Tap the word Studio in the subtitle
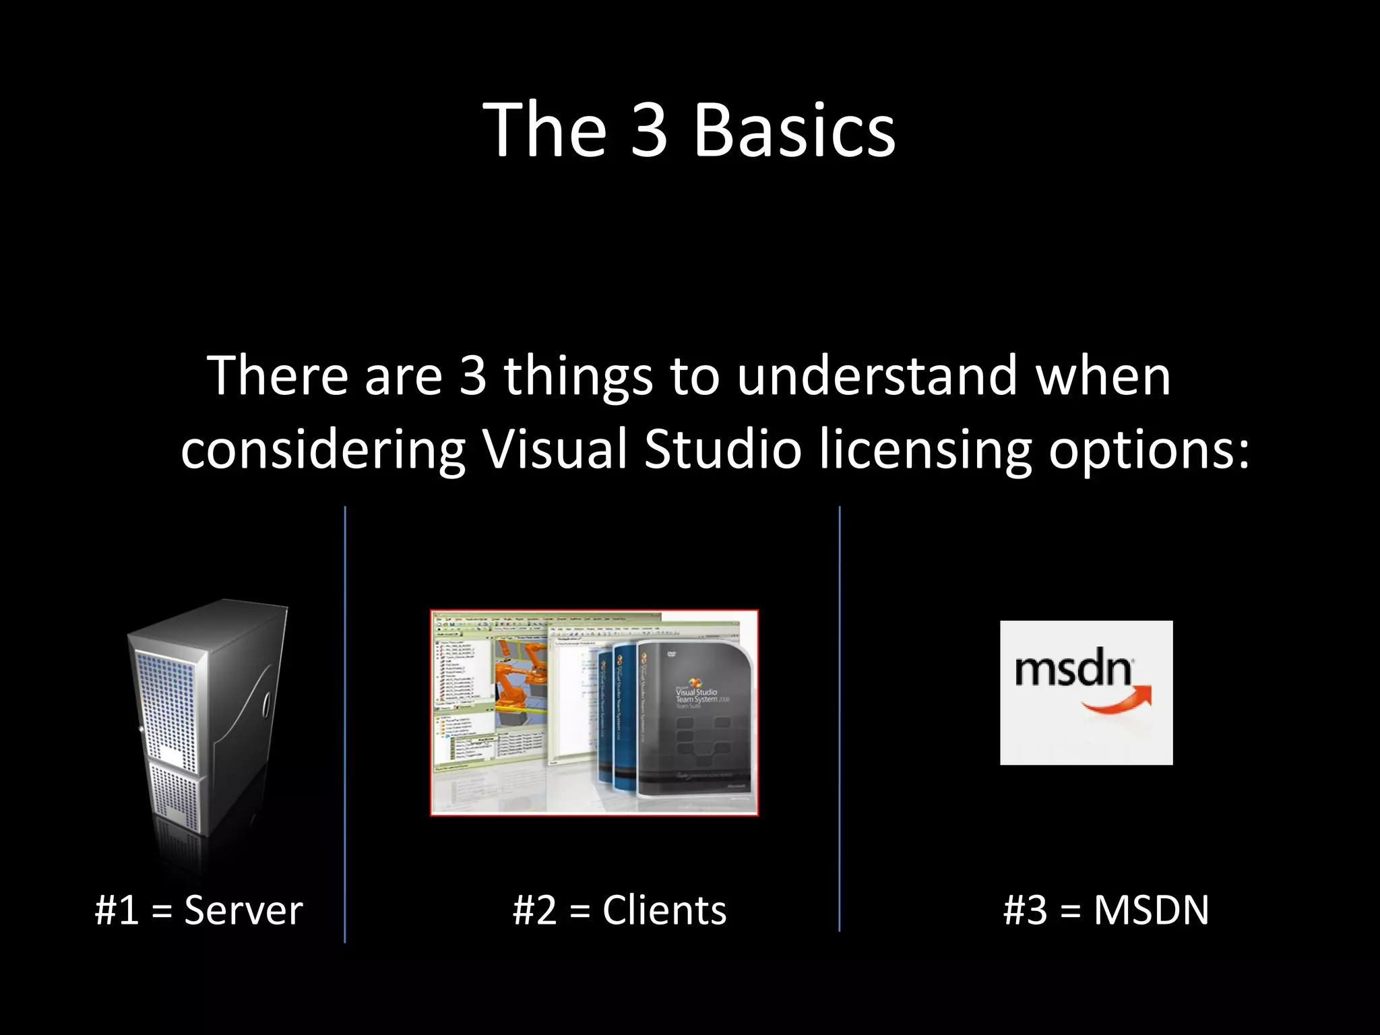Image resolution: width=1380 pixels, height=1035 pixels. (x=722, y=449)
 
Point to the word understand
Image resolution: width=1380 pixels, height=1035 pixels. (x=877, y=375)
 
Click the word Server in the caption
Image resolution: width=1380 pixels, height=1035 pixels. (x=243, y=910)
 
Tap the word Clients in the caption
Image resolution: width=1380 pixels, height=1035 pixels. (x=664, y=910)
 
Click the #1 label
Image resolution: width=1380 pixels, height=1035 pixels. (x=117, y=910)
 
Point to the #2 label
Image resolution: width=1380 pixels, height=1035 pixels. (x=534, y=910)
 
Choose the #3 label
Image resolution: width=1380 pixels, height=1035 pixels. (x=1025, y=910)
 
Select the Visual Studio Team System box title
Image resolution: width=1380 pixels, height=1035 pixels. (x=697, y=696)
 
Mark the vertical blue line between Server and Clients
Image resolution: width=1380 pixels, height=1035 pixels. (x=345, y=724)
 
